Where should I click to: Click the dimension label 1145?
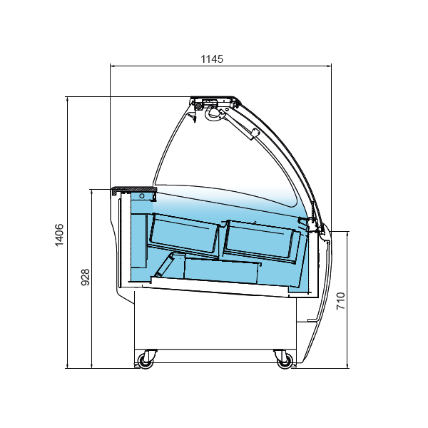coord(212,59)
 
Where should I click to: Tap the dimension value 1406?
coord(59,235)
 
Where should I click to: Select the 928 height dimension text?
coord(86,277)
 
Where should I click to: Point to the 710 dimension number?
coord(340,301)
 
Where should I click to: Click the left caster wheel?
coord(146,361)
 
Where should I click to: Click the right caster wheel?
coord(285,361)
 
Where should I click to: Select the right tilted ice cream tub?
coord(260,241)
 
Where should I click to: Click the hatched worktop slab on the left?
coord(134,190)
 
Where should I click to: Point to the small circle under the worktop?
coord(142,196)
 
